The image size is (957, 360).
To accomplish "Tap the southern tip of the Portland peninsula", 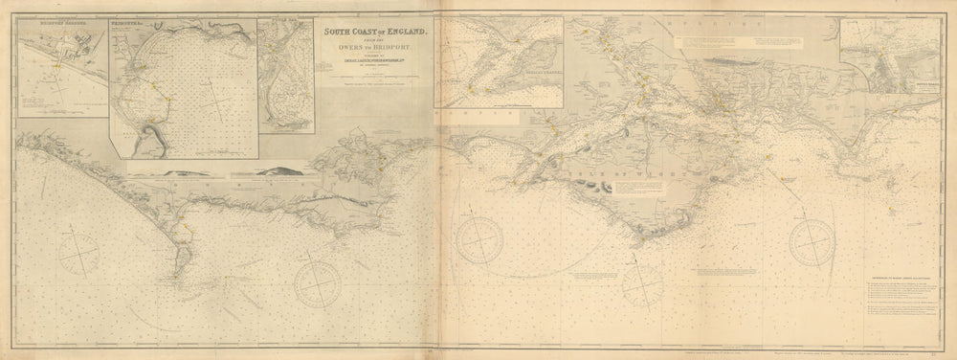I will [x=182, y=269].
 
